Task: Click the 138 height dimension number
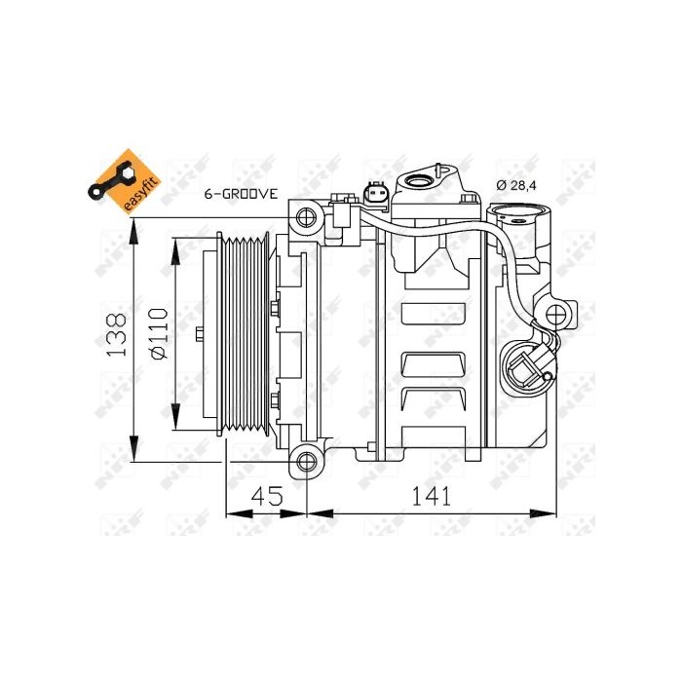tap(115, 333)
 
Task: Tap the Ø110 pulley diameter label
tap(157, 333)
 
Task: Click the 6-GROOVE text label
tap(240, 194)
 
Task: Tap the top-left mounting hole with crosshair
tap(306, 216)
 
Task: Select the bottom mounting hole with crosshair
tap(307, 462)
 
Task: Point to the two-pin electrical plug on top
tap(376, 196)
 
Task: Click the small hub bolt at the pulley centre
tap(200, 335)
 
